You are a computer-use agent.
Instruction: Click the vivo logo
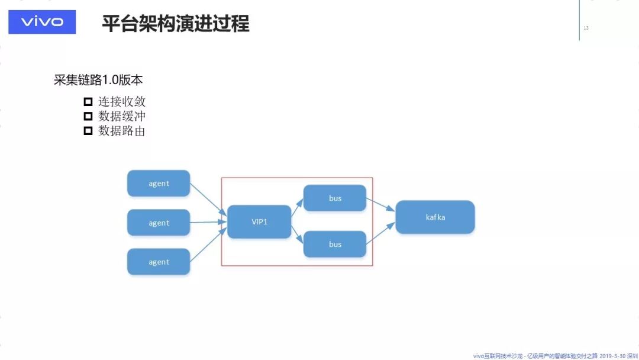[42, 22]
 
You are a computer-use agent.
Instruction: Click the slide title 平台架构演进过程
[176, 24]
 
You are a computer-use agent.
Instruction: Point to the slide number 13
[586, 28]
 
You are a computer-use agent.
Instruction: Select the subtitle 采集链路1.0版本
[98, 80]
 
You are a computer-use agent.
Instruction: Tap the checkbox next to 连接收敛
[88, 101]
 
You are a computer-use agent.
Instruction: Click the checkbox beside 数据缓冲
[88, 116]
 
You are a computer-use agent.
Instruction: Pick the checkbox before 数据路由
[88, 131]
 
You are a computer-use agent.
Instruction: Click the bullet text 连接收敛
[122, 101]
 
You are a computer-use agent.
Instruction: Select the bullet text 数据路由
[122, 131]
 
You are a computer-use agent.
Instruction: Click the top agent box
[159, 184]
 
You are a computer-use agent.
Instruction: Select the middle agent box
[159, 223]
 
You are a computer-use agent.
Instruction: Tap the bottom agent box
[159, 262]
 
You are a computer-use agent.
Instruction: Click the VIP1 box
[259, 222]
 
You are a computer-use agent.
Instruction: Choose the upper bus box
[335, 198]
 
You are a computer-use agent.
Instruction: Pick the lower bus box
[335, 244]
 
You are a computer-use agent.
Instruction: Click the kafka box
[435, 217]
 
